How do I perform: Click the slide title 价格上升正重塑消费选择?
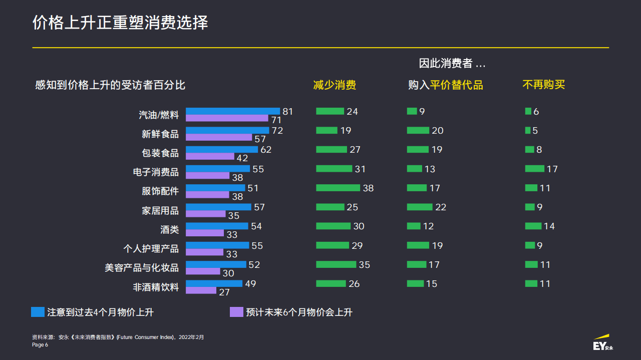120,23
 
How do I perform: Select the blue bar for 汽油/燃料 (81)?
233,111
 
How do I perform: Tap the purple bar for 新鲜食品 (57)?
219,137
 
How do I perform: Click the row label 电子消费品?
155,172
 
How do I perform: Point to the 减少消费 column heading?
335,85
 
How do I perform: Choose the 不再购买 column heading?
543,85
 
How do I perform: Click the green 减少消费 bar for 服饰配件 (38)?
338,188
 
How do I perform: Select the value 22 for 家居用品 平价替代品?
441,207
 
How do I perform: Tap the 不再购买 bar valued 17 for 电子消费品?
534,169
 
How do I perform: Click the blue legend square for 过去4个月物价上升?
38,312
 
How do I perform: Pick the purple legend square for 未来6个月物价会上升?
236,312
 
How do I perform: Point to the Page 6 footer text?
40,345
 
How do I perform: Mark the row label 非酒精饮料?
155,287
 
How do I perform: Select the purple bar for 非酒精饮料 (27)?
201,290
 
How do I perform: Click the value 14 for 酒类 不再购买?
549,226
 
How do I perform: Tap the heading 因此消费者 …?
452,64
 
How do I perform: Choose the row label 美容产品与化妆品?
142,268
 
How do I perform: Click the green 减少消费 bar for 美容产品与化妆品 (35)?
336,264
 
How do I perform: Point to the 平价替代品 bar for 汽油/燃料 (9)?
412,111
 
